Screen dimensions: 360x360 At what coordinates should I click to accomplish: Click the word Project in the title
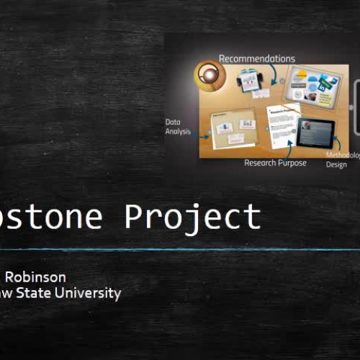(192, 217)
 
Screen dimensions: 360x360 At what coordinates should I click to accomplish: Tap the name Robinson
(35, 277)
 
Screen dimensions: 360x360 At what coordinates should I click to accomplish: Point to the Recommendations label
(256, 58)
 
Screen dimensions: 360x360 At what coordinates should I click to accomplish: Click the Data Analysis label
(178, 127)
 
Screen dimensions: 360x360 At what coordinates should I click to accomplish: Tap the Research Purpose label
(275, 163)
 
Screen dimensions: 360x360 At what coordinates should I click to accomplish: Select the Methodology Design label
(338, 159)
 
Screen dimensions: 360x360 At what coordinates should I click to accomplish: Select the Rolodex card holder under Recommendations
(250, 81)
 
